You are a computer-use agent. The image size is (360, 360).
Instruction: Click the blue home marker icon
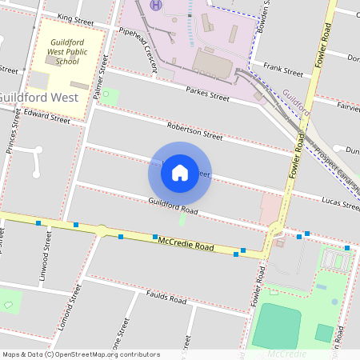pos(180,173)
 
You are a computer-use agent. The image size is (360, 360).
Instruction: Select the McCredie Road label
pos(186,243)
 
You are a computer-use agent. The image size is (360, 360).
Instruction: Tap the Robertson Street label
pos(194,130)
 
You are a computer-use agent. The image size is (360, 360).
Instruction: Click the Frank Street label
pos(282,72)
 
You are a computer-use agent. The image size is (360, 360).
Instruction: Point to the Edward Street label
pos(46,117)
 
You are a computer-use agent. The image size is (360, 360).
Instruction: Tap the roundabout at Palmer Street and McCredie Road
pos(102,230)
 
